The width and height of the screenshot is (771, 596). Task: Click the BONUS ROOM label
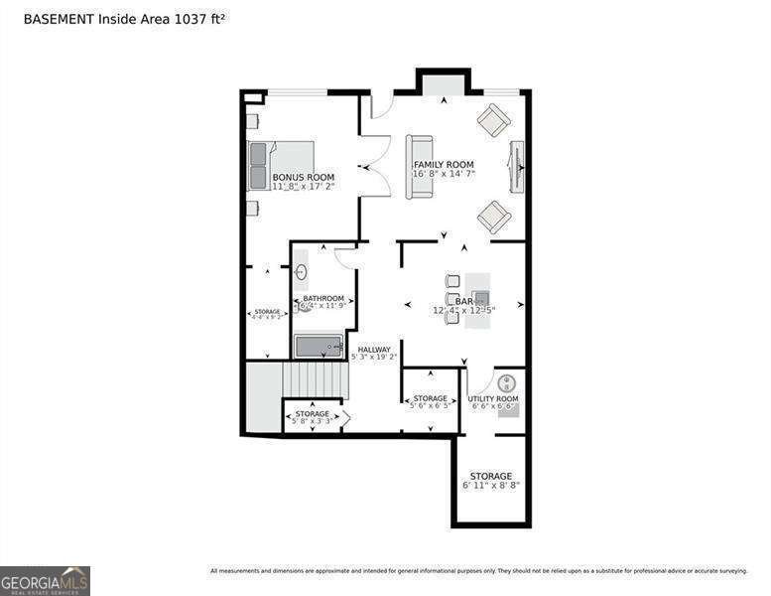coord(304,177)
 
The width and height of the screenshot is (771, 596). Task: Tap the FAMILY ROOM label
coord(444,164)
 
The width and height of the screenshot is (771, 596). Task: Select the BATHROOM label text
coord(323,298)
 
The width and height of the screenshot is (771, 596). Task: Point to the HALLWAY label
coord(374,349)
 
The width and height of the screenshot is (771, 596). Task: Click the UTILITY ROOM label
coord(493,398)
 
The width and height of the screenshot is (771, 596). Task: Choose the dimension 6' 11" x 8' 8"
coord(491,486)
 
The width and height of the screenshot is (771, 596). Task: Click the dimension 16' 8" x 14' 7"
coord(444,174)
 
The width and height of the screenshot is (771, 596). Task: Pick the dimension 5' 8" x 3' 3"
coord(312,421)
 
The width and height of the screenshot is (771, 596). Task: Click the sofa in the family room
coord(419,166)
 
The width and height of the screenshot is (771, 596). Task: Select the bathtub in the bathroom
coord(320,346)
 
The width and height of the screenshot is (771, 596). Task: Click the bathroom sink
coord(301,271)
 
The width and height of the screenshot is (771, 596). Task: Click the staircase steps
coord(315,379)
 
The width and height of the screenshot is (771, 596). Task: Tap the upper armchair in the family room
coord(493,120)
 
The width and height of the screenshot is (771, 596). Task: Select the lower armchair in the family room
coord(493,216)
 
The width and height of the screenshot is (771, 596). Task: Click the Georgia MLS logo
coord(45,580)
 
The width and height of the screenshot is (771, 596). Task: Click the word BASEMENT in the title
coord(58,19)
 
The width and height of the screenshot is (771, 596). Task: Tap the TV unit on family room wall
coord(516,167)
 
